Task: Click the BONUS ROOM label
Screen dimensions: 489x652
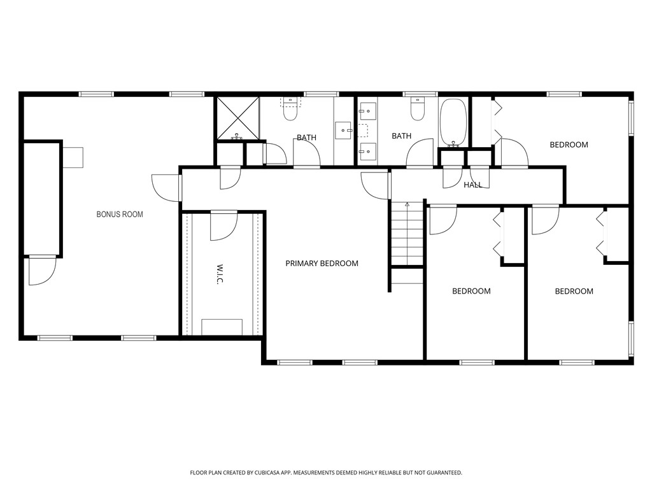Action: click(x=120, y=215)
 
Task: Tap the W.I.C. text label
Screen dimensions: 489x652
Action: click(x=220, y=274)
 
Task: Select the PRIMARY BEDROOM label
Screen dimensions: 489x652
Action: click(x=322, y=264)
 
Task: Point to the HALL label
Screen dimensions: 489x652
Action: click(x=473, y=185)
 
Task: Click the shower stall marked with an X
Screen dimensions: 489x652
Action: click(x=237, y=118)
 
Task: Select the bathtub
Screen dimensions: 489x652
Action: click(x=453, y=122)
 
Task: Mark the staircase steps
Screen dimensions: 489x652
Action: click(x=407, y=233)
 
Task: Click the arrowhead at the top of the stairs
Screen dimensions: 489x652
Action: click(x=407, y=204)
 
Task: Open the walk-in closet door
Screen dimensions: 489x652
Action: click(x=223, y=225)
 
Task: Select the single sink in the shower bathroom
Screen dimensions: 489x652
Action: click(x=344, y=130)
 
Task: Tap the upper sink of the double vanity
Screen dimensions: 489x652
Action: click(x=367, y=111)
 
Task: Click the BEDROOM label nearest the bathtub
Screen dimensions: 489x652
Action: click(x=569, y=145)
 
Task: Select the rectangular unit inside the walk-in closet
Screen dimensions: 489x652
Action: click(x=222, y=327)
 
